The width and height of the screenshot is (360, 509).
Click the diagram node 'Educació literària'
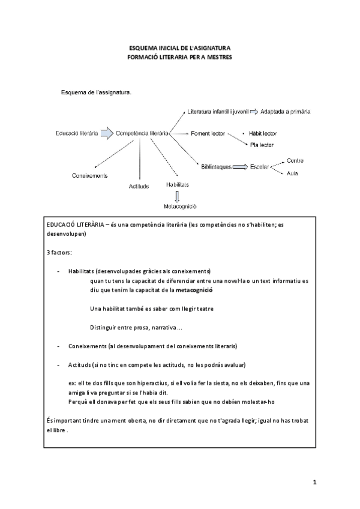point(76,133)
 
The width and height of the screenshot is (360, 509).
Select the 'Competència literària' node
point(141,133)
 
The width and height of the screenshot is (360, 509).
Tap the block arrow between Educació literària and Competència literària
point(106,133)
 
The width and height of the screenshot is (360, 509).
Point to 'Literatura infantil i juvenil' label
point(218,112)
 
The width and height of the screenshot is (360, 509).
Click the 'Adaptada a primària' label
point(287,112)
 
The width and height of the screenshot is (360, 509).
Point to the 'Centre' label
point(295,160)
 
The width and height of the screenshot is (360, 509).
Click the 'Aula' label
point(293,173)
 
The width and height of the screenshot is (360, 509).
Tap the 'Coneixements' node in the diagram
point(89,175)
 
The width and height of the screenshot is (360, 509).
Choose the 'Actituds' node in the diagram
point(139,186)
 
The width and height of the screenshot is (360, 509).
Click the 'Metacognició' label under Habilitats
point(176,206)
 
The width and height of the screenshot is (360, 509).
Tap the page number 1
point(314,482)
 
